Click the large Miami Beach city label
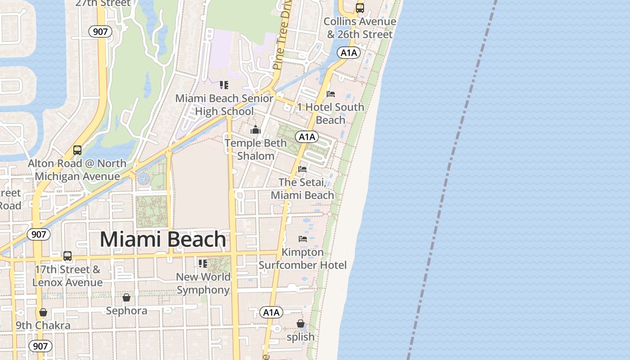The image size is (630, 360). [162, 239]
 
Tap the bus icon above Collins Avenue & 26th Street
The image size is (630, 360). [360, 8]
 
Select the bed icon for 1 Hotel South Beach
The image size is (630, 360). [331, 94]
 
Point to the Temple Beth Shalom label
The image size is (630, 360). [256, 149]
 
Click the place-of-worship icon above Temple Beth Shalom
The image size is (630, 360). [256, 130]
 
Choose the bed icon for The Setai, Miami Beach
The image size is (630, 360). [302, 169]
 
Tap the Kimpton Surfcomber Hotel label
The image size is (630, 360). [302, 259]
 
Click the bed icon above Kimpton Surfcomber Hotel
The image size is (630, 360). [302, 238]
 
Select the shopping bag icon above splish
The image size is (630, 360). [300, 324]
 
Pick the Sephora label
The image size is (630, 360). [126, 310]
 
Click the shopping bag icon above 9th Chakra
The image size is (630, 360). [43, 312]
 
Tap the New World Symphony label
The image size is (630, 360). [203, 283]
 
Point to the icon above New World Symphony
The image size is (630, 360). [203, 263]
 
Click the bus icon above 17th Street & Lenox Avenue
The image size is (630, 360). [67, 256]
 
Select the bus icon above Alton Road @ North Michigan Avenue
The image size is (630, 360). [77, 150]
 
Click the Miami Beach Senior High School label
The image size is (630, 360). [224, 105]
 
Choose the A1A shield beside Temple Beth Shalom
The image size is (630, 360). [307, 137]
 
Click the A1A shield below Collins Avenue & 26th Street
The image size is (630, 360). [349, 53]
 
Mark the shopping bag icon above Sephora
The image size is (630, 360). [126, 297]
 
